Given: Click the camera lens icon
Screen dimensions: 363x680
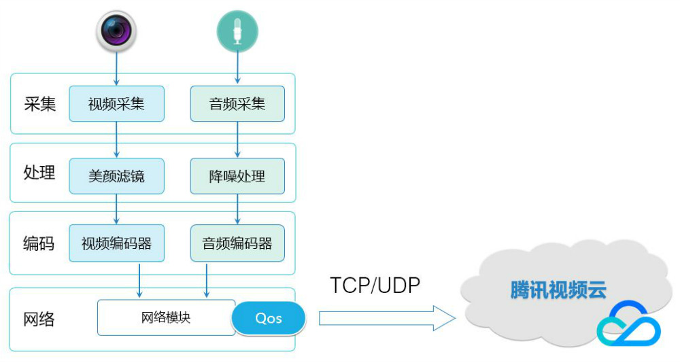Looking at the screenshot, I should click(116, 31).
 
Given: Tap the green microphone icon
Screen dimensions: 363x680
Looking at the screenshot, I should click(237, 31).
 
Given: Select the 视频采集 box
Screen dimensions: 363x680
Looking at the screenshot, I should click(116, 104).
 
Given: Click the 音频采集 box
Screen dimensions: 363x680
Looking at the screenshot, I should click(237, 104).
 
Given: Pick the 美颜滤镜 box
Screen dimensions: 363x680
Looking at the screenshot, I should click(116, 176).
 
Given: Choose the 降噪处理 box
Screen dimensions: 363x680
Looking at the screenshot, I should click(237, 176).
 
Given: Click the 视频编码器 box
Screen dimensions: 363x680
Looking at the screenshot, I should click(116, 243).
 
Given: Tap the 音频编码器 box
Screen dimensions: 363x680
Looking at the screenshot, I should click(237, 243).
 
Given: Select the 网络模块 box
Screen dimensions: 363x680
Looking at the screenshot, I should click(166, 317).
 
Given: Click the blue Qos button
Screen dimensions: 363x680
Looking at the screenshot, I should click(269, 318).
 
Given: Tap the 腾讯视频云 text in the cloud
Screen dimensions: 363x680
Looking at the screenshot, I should click(558, 290).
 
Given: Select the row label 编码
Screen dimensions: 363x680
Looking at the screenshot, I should click(39, 243).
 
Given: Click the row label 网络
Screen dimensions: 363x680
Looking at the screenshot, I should click(39, 318).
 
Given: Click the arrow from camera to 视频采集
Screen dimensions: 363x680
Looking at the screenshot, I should click(116, 68).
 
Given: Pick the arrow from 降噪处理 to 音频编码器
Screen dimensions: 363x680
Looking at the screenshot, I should click(237, 209).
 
